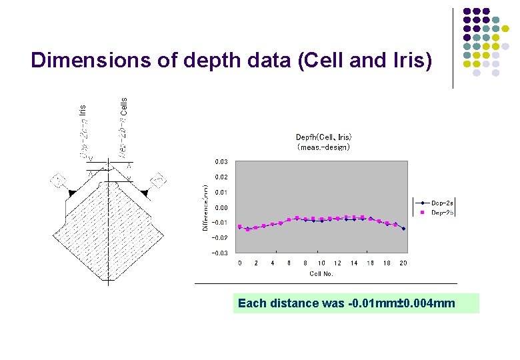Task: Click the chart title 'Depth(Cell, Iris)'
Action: point(323,138)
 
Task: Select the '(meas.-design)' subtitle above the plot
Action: point(323,147)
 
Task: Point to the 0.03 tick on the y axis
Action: point(221,162)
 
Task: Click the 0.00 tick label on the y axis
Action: point(221,207)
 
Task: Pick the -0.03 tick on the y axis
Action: point(219,253)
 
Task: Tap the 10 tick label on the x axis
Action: point(321,263)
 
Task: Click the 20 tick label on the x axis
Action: point(403,263)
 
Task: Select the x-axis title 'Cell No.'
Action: point(321,273)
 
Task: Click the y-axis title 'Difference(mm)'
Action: point(205,208)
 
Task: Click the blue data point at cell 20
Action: point(403,229)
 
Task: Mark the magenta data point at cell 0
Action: point(240,226)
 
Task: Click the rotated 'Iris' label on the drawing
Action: point(82,109)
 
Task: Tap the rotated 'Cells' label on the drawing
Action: point(123,105)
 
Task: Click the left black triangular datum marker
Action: point(72,193)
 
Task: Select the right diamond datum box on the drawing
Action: point(158,180)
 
